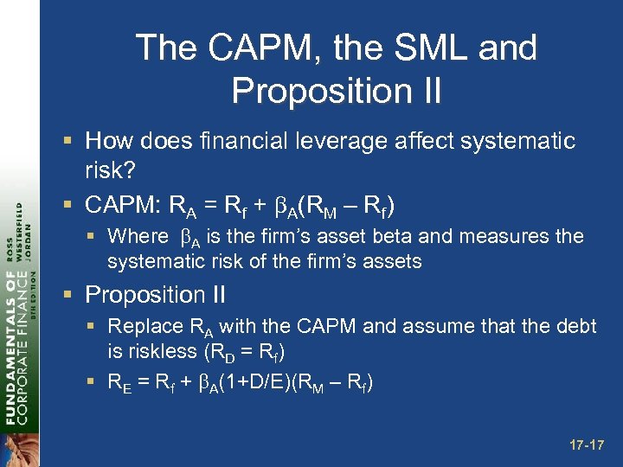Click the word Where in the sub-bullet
click(138, 237)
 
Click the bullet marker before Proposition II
click(71, 296)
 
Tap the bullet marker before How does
click(71, 141)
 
